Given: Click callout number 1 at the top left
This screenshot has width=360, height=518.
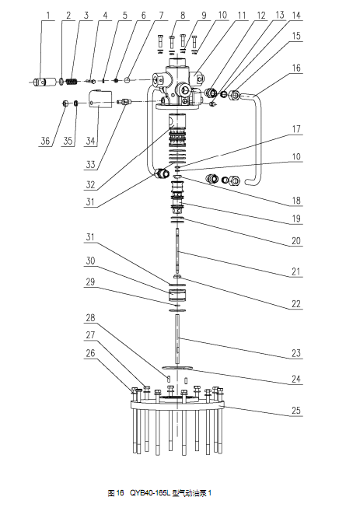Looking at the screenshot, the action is pyautogui.click(x=48, y=16).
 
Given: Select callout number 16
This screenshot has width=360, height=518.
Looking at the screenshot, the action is pyautogui.click(x=296, y=68).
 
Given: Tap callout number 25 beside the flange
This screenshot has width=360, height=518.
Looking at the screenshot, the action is pyautogui.click(x=296, y=411).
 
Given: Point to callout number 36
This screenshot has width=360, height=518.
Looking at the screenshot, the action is pyautogui.click(x=44, y=141).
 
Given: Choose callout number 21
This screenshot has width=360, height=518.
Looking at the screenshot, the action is pyautogui.click(x=296, y=271).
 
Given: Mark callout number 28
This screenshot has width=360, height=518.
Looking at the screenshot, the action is pyautogui.click(x=90, y=318).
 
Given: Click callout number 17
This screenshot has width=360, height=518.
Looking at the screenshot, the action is pyautogui.click(x=296, y=129).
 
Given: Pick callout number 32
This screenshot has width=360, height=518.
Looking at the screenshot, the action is pyautogui.click(x=90, y=184).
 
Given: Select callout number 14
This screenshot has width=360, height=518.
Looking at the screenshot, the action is pyautogui.click(x=296, y=16).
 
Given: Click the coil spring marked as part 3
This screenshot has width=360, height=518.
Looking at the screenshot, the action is pyautogui.click(x=72, y=81).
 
